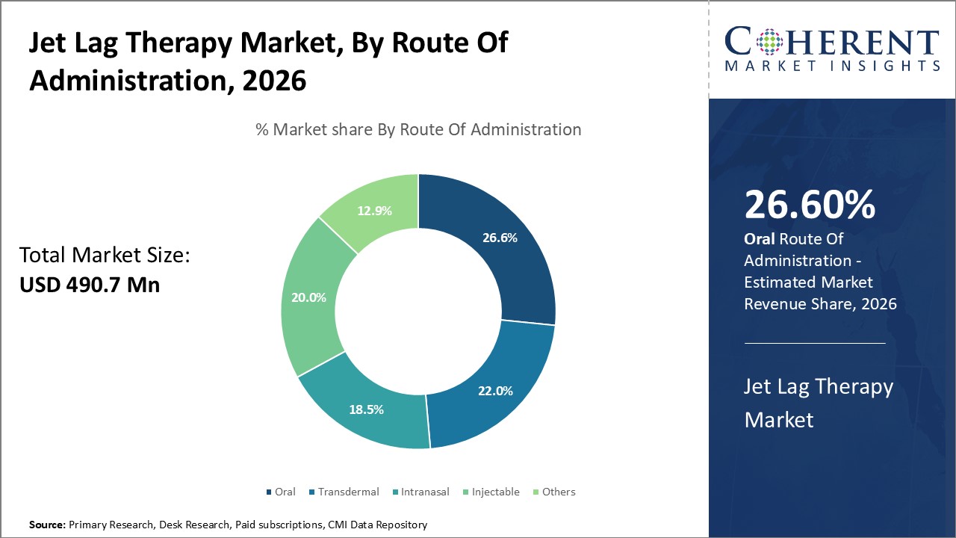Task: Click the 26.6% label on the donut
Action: point(500,238)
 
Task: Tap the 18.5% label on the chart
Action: point(367,409)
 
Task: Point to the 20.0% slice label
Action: point(308,297)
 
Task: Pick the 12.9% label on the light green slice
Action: point(374,211)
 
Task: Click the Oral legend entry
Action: point(281,492)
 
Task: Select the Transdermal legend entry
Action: point(344,492)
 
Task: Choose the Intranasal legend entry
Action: point(420,492)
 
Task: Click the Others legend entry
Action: point(553,492)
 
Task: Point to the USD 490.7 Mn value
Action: point(90,285)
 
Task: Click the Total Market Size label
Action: point(105,256)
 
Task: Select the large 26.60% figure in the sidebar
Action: point(810,205)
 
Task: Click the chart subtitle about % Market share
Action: point(418,129)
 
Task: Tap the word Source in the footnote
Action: point(46,525)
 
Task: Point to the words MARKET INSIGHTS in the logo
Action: point(832,67)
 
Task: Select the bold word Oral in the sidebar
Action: point(760,238)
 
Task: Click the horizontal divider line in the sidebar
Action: point(815,343)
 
